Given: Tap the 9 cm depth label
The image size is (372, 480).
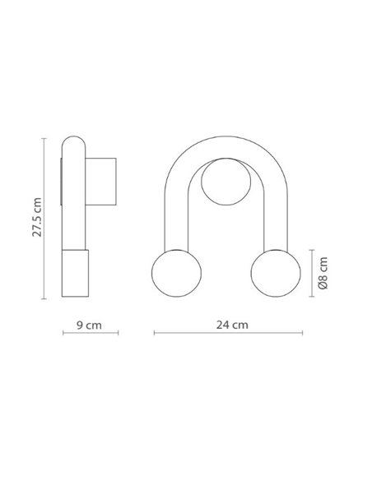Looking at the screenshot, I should coord(89,325).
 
